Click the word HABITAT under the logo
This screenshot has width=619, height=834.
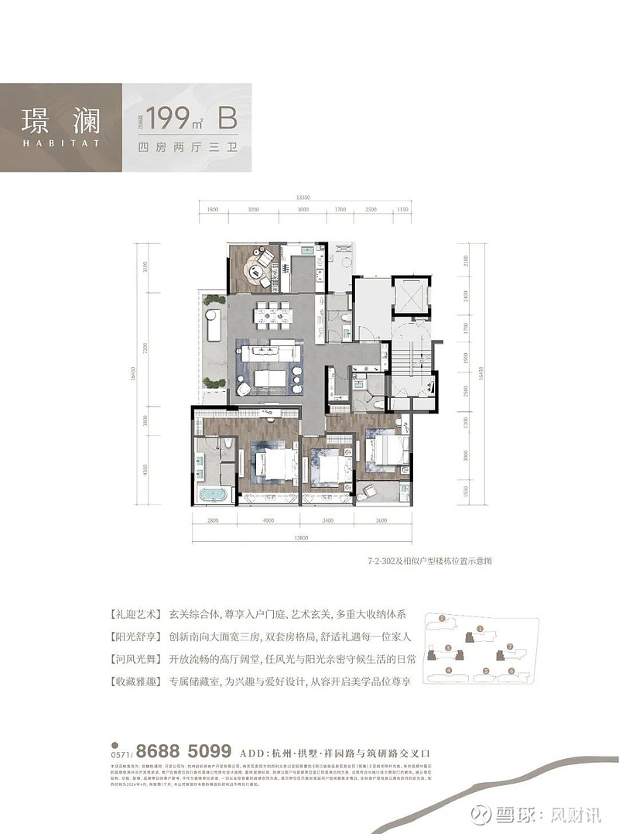(57, 142)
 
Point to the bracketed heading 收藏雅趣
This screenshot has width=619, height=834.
(140, 681)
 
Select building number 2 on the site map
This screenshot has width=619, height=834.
(442, 619)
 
